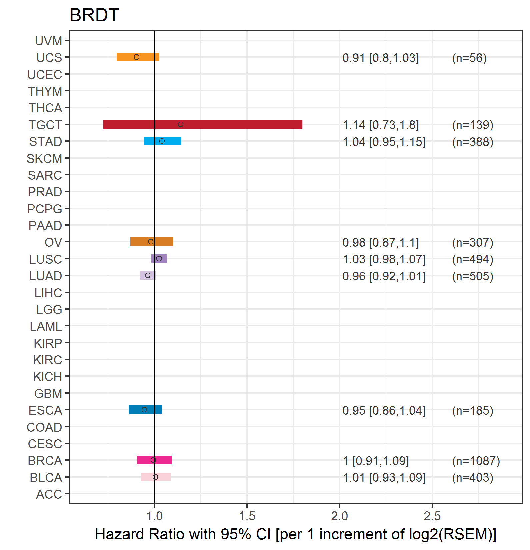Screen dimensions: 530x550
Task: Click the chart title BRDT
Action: click(94, 15)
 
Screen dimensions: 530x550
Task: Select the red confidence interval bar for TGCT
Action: click(203, 124)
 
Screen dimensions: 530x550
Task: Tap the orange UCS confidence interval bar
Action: click(138, 57)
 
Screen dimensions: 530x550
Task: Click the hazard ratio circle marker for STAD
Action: click(162, 141)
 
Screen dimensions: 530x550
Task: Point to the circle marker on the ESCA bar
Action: click(144, 410)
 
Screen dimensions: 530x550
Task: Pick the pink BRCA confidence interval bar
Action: click(154, 460)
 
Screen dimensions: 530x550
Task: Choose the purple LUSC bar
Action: click(159, 259)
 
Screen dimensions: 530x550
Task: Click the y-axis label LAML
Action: click(46, 326)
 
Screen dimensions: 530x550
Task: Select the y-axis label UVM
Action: click(49, 41)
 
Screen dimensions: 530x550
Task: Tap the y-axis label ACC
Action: click(49, 494)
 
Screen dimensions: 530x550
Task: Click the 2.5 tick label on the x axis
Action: click(432, 516)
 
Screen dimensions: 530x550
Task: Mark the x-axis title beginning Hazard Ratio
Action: click(296, 534)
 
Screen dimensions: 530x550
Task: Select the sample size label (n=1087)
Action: click(476, 461)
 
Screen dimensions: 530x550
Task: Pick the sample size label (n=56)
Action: click(469, 58)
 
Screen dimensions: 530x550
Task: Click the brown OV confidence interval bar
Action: click(152, 242)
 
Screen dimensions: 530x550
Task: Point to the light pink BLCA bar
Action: click(156, 477)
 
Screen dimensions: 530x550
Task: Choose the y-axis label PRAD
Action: click(45, 192)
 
